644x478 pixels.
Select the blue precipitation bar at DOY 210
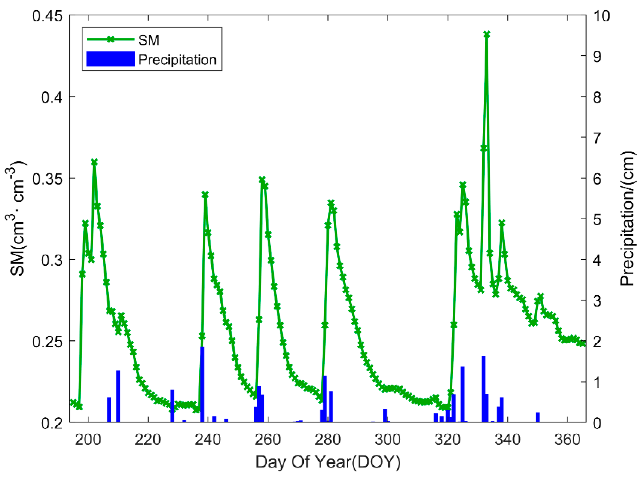tap(118, 396)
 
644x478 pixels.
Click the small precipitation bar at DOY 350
tap(537, 417)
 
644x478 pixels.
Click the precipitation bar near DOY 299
tap(385, 416)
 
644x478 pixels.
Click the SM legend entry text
tap(149, 40)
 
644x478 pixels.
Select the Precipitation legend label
tap(177, 60)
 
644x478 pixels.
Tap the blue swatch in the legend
tap(111, 59)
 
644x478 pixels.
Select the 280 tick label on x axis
tap(328, 439)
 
